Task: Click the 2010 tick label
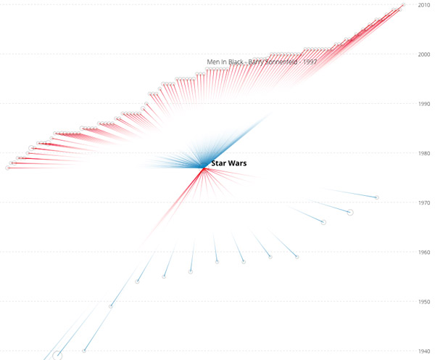pyautogui.click(x=424, y=5)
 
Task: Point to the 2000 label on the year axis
pyautogui.click(x=424, y=54)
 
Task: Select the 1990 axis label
pyautogui.click(x=424, y=104)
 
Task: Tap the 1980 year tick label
pyautogui.click(x=424, y=153)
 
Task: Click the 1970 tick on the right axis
pyautogui.click(x=424, y=202)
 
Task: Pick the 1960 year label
pyautogui.click(x=424, y=252)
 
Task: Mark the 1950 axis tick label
pyautogui.click(x=424, y=301)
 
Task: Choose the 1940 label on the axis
pyautogui.click(x=424, y=351)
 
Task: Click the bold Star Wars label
pyautogui.click(x=228, y=164)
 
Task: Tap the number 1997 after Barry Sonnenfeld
pyautogui.click(x=310, y=62)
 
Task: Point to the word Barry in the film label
pyautogui.click(x=257, y=62)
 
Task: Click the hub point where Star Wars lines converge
pyautogui.click(x=204, y=168)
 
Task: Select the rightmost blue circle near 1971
pyautogui.click(x=376, y=197)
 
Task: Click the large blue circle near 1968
pyautogui.click(x=350, y=212)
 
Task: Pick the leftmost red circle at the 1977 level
pyautogui.click(x=8, y=168)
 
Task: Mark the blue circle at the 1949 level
pyautogui.click(x=111, y=306)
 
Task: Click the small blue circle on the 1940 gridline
pyautogui.click(x=84, y=351)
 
